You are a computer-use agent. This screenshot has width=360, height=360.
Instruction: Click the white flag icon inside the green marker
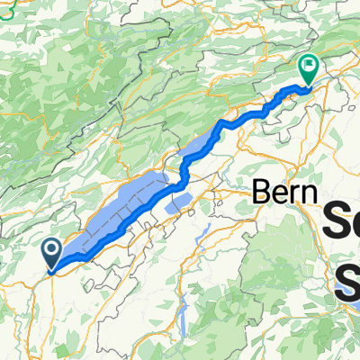(x=309, y=65)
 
